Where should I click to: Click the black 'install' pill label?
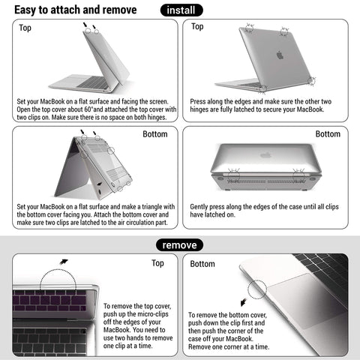pyautogui.click(x=183, y=10)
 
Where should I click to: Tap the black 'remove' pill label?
pyautogui.click(x=180, y=244)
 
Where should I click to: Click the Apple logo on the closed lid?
pyautogui.click(x=279, y=55)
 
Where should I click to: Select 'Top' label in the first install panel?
pyautogui.click(x=25, y=28)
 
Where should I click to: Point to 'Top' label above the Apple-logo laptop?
pyautogui.click(x=197, y=27)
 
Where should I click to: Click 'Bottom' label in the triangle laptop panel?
pyautogui.click(x=155, y=135)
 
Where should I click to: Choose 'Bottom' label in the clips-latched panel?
pyautogui.click(x=328, y=134)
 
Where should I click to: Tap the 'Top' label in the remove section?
pyautogui.click(x=157, y=263)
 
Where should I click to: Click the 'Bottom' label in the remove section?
pyautogui.click(x=202, y=264)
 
